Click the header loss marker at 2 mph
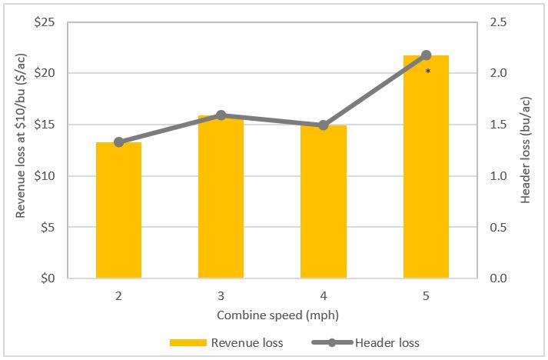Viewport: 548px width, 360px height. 118,142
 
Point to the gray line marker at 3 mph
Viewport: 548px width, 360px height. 221,115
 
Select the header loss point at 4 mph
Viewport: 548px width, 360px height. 323,125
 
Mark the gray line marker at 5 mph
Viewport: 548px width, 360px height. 426,55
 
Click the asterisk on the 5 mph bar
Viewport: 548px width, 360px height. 427,72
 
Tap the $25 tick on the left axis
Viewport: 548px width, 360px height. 43,22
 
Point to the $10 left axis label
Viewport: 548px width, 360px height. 43,175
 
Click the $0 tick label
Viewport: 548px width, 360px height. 46,278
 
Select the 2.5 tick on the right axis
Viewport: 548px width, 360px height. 500,22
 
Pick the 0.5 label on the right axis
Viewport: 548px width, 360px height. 500,227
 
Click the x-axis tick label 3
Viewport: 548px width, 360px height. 221,295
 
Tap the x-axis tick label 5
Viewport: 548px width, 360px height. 426,295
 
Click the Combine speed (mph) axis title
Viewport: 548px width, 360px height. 272,315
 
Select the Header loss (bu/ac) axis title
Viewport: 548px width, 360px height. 527,150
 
